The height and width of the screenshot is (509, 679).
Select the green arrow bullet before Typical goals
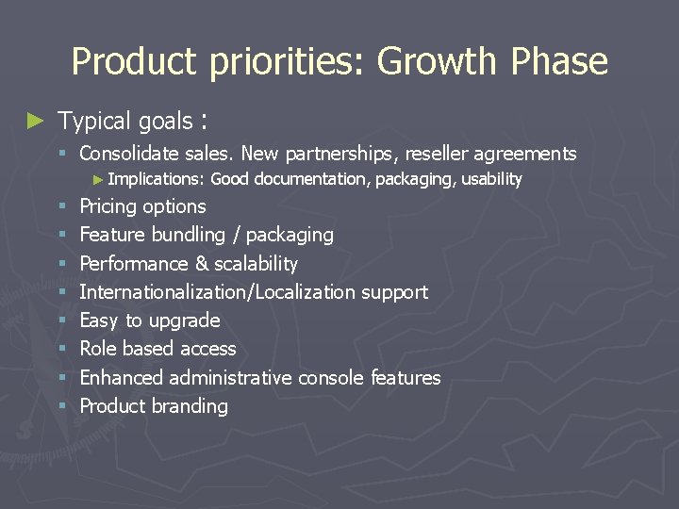(35, 121)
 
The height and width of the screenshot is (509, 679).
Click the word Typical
(94, 122)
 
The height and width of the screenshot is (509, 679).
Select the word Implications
(157, 179)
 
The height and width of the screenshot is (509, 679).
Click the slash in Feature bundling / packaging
(233, 235)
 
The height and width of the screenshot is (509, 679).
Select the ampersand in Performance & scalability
(204, 264)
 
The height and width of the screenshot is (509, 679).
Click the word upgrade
(185, 321)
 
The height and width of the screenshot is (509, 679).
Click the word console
(331, 378)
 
